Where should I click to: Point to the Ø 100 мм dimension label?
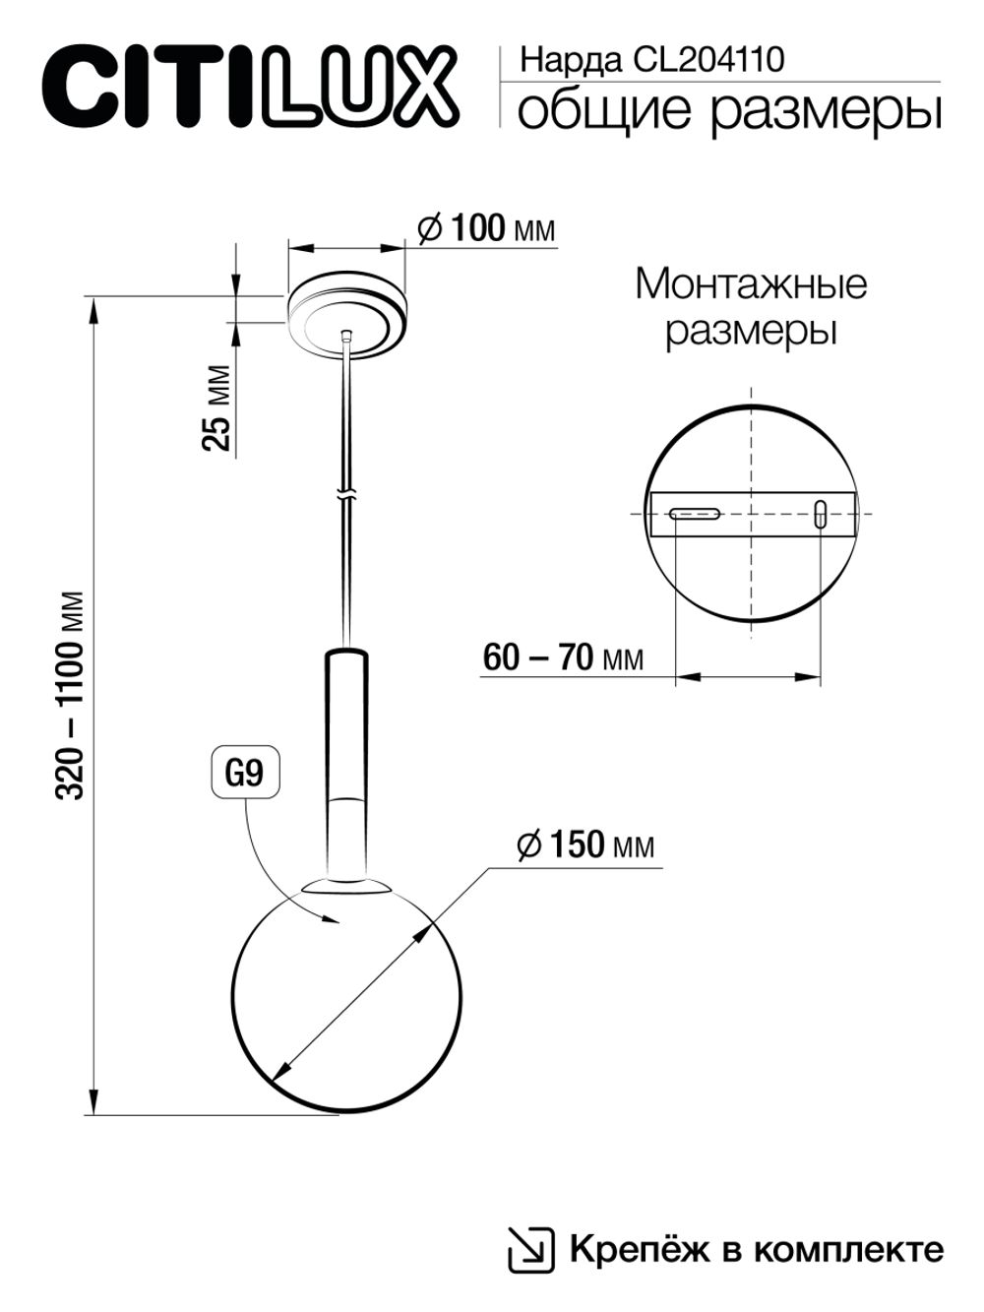point(486,230)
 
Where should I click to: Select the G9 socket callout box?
point(245,774)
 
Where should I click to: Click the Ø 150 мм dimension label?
point(585,844)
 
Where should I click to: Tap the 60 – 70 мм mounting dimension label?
point(563,657)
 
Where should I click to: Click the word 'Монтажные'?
point(751,284)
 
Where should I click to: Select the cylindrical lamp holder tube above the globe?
point(345,758)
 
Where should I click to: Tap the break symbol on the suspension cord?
point(345,492)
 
